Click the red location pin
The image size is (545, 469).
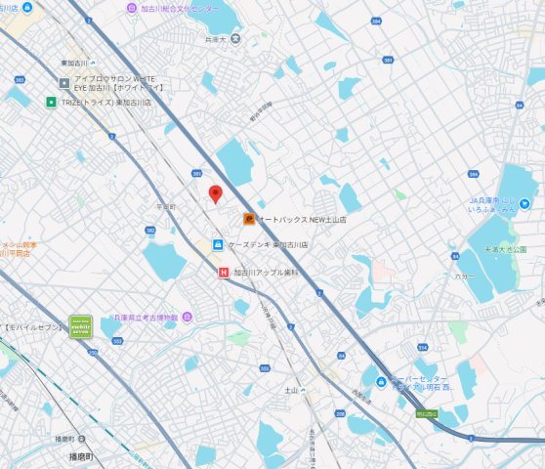pyautogui.click(x=216, y=192)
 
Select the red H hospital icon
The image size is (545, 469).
pyautogui.click(x=224, y=274)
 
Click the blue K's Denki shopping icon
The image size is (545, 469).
pyautogui.click(x=218, y=244)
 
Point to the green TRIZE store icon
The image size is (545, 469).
pyautogui.click(x=49, y=101)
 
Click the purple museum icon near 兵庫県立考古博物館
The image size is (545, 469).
pyautogui.click(x=187, y=318)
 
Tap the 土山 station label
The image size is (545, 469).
pyautogui.click(x=291, y=390)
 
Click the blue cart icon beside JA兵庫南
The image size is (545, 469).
pyautogui.click(x=524, y=203)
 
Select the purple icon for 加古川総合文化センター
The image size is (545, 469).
pyautogui.click(x=132, y=8)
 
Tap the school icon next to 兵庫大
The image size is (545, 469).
pyautogui.click(x=234, y=39)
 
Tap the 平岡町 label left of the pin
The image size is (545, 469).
pyautogui.click(x=165, y=207)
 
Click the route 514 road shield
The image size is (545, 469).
pyautogui.click(x=422, y=347)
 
